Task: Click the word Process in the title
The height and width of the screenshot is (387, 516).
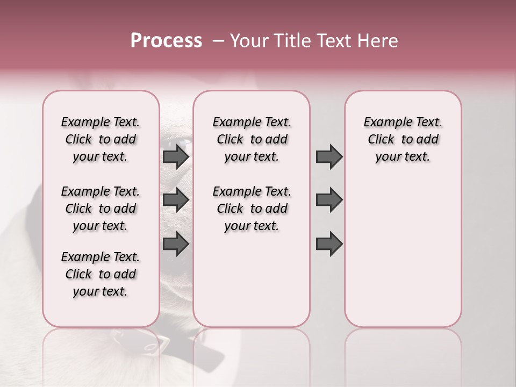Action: (166, 40)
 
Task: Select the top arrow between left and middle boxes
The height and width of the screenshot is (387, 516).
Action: (176, 156)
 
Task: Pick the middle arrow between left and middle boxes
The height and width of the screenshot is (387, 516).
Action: (176, 199)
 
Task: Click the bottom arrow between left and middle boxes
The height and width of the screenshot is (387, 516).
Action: (176, 244)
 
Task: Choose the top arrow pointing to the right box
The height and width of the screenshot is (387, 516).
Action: (329, 156)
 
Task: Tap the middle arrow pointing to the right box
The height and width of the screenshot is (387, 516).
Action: (329, 199)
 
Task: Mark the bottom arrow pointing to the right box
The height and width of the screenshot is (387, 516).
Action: (329, 244)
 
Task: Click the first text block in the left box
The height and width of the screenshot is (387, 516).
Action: (101, 139)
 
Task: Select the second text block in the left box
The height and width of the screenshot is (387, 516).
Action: (101, 209)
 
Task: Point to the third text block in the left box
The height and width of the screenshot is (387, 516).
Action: (101, 274)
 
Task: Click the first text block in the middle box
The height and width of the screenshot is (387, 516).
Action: (252, 139)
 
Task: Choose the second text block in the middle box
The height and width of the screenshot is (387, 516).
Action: (252, 209)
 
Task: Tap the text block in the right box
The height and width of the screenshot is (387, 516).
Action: (403, 139)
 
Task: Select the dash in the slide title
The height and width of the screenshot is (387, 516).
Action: (218, 40)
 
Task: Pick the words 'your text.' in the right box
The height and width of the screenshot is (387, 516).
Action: (403, 157)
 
